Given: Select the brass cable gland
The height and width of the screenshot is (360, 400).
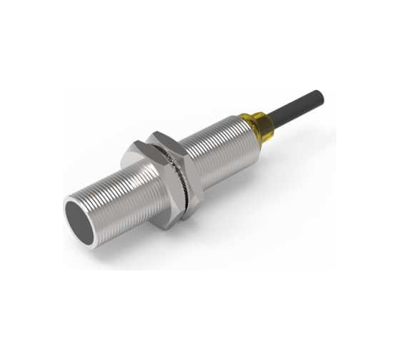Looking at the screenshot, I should (259, 127).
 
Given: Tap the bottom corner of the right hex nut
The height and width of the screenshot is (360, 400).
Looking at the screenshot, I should (190, 214).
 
